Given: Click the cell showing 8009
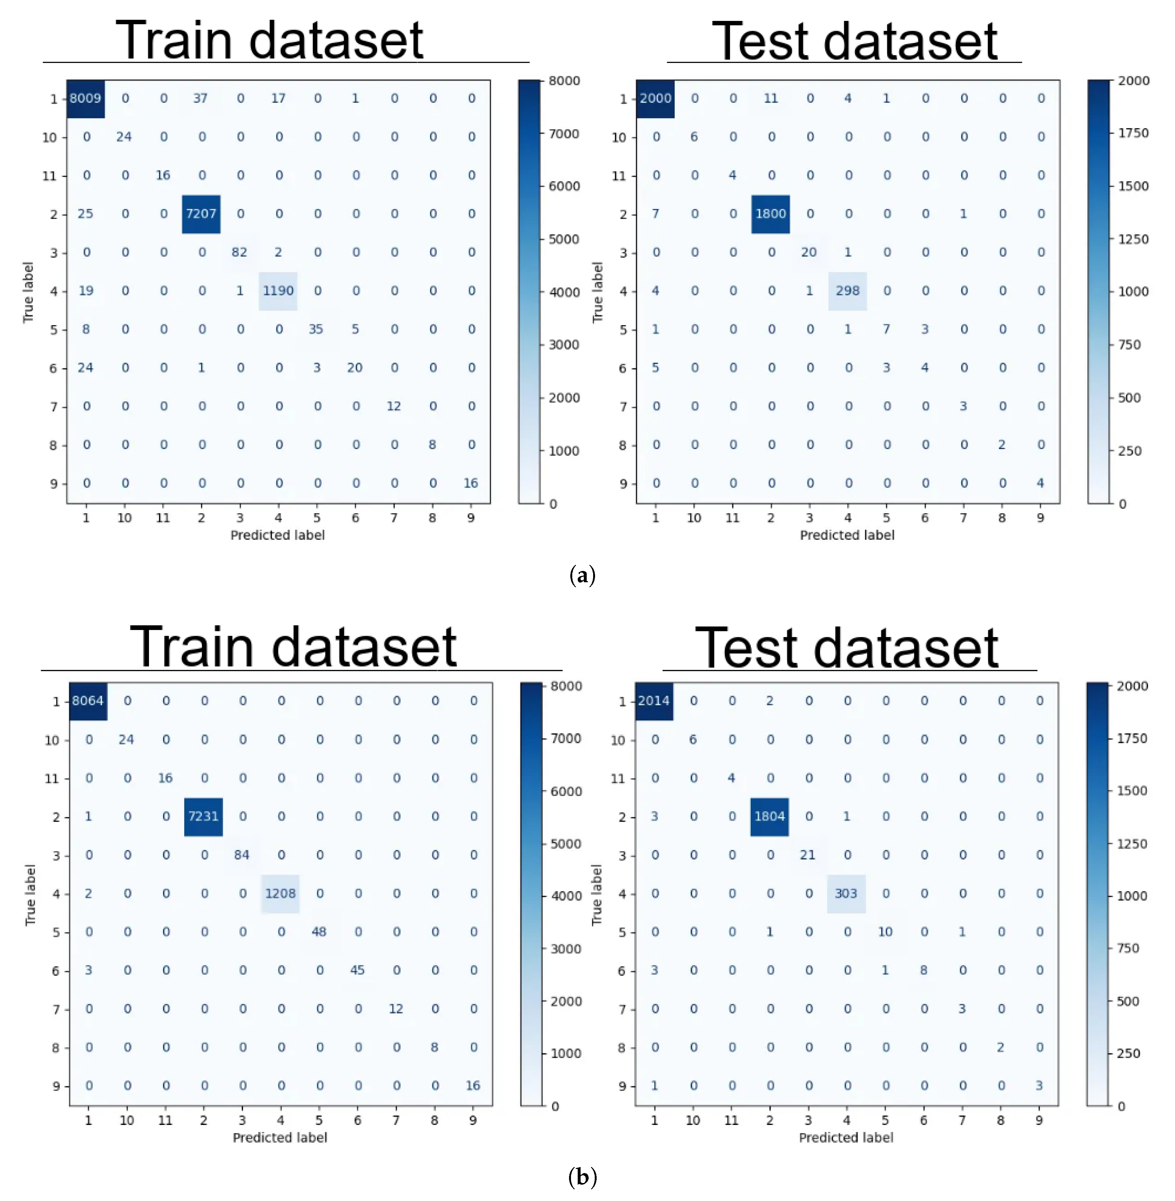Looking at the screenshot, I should pos(85,98).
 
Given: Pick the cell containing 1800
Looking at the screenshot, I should pos(770,213).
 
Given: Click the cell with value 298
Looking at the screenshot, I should pos(847,291).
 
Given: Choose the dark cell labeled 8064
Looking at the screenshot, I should pos(88,701).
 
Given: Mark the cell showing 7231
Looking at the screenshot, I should pos(203,816).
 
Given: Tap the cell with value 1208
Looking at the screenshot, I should pos(280,893).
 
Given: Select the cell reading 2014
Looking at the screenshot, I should pos(653,701).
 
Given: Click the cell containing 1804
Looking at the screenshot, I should pos(770,816).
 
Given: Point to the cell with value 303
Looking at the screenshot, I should pos(846,893).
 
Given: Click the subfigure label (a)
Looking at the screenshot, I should pos(582,575).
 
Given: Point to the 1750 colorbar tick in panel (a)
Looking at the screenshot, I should pos(1133,133).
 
